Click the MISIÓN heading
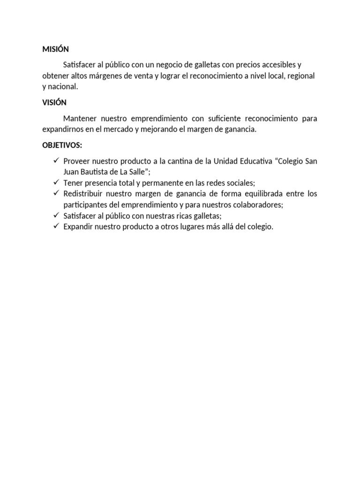point(55,49)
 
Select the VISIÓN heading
point(54,102)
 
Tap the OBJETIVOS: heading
point(62,145)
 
